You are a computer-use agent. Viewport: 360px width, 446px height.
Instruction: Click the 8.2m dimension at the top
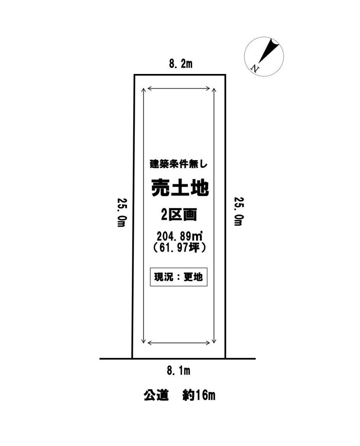point(180,64)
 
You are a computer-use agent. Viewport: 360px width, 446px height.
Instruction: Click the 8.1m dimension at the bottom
point(179,371)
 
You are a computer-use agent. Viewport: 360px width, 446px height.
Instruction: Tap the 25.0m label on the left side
point(121,212)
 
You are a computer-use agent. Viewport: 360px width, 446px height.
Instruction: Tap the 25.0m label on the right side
point(239,212)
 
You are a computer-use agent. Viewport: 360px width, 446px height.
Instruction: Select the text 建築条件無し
point(179,164)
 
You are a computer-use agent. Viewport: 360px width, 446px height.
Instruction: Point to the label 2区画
point(179,215)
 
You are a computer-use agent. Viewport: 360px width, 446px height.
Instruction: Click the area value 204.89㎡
point(180,236)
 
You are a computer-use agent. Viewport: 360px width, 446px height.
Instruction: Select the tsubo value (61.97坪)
point(179,248)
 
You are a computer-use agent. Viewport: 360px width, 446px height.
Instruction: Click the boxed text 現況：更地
point(179,277)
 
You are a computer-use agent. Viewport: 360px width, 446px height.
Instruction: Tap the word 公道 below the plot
point(156,395)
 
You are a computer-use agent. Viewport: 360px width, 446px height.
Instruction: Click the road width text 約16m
point(198,395)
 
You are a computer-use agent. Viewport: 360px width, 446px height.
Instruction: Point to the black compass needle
point(269,51)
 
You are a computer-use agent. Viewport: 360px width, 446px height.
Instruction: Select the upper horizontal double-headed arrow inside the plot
point(179,89)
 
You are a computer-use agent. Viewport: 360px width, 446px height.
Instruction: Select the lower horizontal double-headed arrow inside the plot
point(179,343)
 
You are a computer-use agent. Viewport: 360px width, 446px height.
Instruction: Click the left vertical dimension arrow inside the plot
point(144,215)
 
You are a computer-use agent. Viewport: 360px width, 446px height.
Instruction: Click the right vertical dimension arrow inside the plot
point(214,215)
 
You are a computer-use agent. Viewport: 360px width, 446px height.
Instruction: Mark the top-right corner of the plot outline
point(225,75)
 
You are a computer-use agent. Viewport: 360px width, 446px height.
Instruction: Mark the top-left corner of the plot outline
point(135,75)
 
